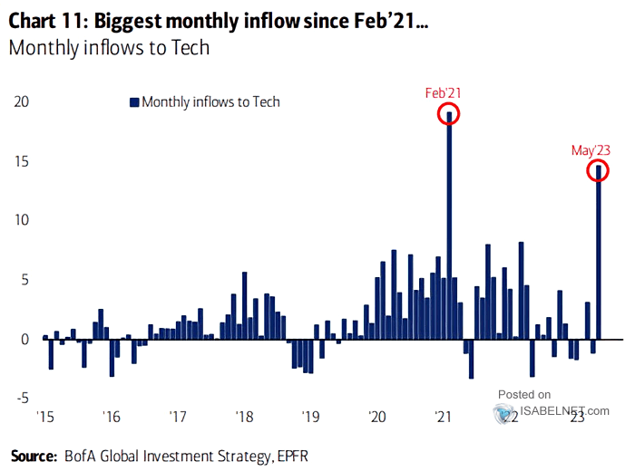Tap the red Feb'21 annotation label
point(444,92)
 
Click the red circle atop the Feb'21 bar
point(449,114)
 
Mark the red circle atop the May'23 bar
point(598,169)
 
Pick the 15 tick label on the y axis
point(20,161)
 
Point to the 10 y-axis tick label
point(20,220)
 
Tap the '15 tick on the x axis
point(43,418)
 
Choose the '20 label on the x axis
point(377,418)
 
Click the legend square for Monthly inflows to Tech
point(134,102)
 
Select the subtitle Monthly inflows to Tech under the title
point(109,47)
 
